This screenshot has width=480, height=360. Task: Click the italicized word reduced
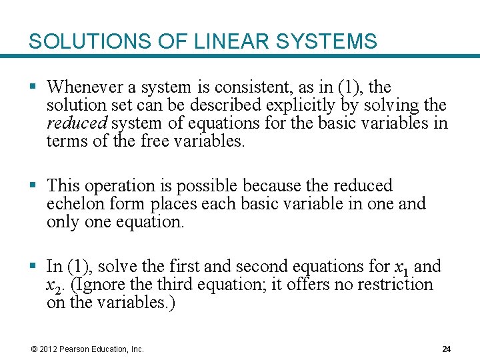tap(76, 123)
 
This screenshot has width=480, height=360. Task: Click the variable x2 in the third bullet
tap(55, 286)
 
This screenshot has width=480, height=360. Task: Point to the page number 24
tap(447, 349)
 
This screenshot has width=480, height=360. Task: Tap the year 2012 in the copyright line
tap(48, 349)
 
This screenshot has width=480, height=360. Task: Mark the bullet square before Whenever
tap(33, 88)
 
